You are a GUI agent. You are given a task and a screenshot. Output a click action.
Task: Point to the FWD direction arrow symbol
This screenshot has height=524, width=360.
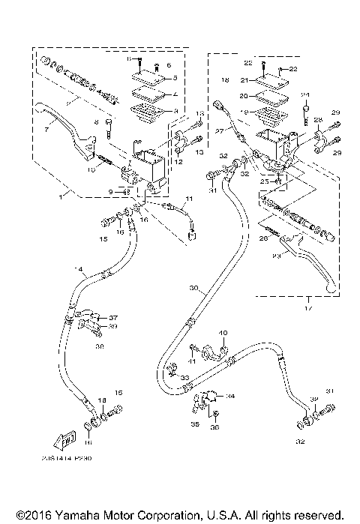[x=68, y=440]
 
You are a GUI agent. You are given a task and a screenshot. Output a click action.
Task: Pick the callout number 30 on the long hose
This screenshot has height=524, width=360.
[x=193, y=289]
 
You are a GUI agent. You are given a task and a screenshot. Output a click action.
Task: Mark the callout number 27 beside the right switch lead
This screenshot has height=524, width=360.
[x=220, y=130]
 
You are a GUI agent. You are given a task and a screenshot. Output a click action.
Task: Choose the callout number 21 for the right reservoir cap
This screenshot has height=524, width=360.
[x=244, y=79]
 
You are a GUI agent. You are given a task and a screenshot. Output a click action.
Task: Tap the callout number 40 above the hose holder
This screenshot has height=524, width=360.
[x=223, y=332]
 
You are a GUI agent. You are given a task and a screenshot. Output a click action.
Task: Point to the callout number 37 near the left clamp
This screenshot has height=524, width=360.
[x=115, y=317]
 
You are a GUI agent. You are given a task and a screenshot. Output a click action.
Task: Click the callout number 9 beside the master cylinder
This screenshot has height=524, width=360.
[x=109, y=192]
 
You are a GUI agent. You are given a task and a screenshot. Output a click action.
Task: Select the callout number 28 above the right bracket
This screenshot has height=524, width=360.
[x=318, y=120]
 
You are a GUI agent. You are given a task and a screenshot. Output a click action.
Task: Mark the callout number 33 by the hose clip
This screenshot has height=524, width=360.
[x=184, y=376]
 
